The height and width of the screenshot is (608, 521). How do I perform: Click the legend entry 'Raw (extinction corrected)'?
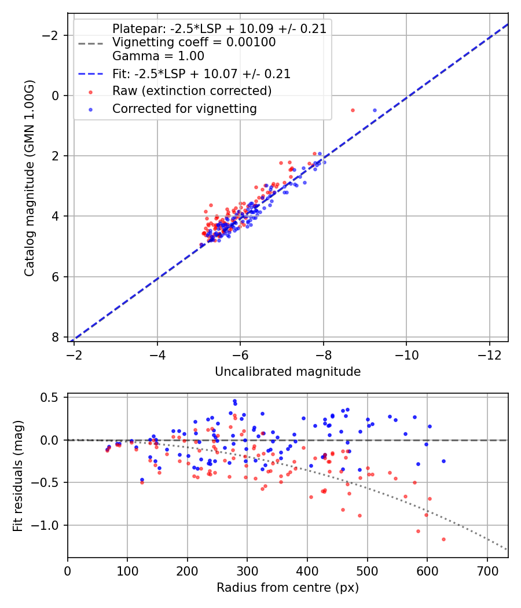(192, 91)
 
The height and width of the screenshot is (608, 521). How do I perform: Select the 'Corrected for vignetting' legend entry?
(185, 109)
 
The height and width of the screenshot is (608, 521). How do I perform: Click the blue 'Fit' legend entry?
(201, 74)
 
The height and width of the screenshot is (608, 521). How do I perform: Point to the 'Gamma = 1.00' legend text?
(158, 57)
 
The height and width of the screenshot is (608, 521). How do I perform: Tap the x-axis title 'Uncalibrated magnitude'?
(288, 372)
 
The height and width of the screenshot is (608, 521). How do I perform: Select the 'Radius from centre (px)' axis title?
(288, 588)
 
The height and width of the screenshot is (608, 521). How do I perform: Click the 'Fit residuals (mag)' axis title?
(18, 475)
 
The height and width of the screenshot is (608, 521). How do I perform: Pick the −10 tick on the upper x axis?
(406, 353)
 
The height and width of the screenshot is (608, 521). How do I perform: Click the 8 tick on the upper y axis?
(55, 337)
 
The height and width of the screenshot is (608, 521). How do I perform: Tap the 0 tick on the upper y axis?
(55, 96)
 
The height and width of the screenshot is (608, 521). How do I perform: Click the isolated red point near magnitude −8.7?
(353, 110)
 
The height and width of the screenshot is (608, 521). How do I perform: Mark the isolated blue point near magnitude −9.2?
(375, 110)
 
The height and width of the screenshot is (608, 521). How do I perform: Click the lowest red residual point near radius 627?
(443, 539)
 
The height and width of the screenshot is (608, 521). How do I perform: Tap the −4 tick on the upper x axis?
(157, 353)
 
